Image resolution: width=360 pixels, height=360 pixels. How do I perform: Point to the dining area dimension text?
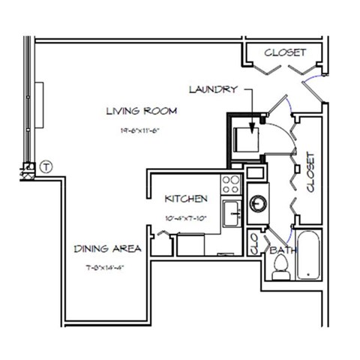[x=105, y=268]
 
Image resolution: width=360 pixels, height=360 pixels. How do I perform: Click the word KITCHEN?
[x=185, y=199]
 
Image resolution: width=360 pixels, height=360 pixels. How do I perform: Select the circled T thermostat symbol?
[x=46, y=166]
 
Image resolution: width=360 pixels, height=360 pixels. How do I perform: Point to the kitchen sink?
[x=231, y=212]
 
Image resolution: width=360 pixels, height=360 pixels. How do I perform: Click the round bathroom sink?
[x=259, y=203]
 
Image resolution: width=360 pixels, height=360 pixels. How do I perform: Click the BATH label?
[x=282, y=248]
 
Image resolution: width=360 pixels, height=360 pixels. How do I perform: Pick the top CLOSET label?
[x=285, y=52]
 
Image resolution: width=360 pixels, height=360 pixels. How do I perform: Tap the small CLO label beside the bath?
[x=253, y=244]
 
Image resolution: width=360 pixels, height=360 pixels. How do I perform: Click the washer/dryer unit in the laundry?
[x=247, y=140]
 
